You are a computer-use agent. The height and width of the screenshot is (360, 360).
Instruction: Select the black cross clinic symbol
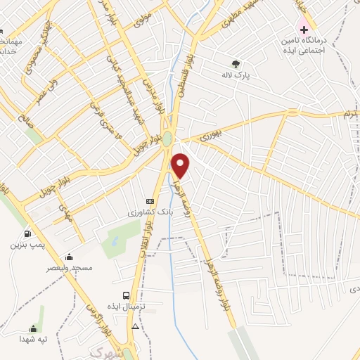304,30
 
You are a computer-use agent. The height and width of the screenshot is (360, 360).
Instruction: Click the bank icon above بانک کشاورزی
149,200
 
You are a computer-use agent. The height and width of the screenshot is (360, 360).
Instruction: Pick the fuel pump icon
27,234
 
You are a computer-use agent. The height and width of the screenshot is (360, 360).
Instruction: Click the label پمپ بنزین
27,245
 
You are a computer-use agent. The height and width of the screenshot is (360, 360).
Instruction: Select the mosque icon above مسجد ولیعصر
69,257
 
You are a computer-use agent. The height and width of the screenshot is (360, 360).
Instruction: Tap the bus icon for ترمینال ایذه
127,296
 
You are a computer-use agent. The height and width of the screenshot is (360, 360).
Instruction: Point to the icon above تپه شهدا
33,328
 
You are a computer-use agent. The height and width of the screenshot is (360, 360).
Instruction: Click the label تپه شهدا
33,339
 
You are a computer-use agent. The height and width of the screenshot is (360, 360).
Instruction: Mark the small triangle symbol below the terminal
135,326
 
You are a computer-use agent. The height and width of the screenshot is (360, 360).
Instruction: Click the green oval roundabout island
167,139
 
